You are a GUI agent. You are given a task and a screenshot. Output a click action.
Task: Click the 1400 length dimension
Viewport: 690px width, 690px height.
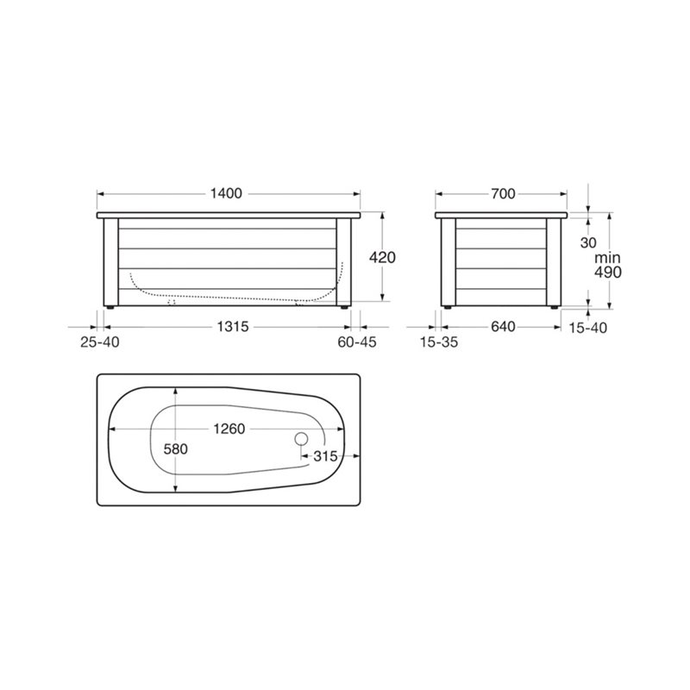click(x=226, y=193)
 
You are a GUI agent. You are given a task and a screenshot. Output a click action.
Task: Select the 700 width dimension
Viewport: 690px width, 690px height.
click(x=503, y=193)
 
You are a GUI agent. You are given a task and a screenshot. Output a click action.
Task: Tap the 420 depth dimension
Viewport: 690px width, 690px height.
click(x=382, y=257)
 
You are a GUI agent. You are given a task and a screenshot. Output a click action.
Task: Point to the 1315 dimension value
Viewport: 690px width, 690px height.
click(x=233, y=327)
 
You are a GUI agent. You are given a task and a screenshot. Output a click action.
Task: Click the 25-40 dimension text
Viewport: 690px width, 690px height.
click(x=100, y=342)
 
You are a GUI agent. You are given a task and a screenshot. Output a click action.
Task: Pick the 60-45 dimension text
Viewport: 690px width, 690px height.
click(x=357, y=342)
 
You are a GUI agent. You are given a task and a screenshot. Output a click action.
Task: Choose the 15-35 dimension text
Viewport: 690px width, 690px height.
click(x=439, y=342)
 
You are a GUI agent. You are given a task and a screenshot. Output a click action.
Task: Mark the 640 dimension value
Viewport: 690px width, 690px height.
click(x=503, y=327)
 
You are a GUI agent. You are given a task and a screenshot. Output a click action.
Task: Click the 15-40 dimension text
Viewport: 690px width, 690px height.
click(x=588, y=328)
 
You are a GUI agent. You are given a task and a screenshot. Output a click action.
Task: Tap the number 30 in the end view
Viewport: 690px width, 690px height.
click(x=588, y=243)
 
